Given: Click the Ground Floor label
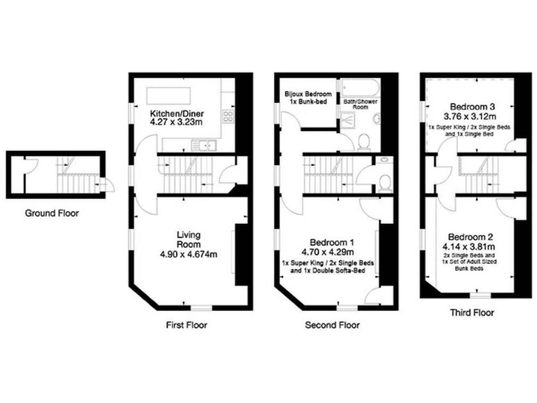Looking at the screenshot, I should point(52,213).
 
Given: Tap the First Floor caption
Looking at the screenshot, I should point(187,325).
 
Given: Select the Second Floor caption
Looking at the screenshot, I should point(332,325).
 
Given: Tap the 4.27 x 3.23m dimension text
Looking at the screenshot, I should point(176,122).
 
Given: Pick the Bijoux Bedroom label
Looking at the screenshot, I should point(308,93).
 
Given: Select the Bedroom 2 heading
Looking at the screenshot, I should point(472,236).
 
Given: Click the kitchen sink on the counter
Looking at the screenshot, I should point(206,145).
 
